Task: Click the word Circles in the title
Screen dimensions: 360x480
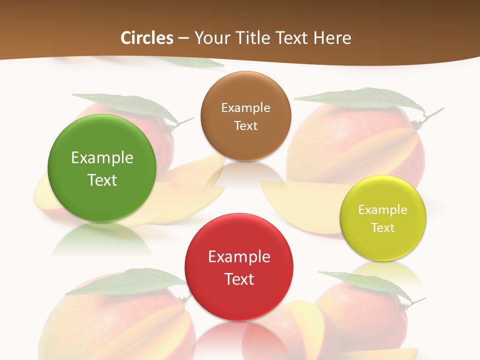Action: (147, 38)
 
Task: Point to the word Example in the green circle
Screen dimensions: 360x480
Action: (102, 158)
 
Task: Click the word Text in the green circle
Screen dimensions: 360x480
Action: (102, 180)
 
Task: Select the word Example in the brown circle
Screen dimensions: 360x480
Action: (245, 107)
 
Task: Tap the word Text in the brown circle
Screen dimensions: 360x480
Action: (245, 125)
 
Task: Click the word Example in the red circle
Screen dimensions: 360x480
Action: (239, 257)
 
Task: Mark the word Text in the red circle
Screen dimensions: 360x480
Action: (239, 279)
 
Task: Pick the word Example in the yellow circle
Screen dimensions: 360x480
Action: (383, 209)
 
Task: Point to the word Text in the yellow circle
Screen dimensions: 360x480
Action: (383, 227)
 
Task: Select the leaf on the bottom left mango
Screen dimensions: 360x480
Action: (125, 282)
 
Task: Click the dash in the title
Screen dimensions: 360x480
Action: (183, 38)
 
